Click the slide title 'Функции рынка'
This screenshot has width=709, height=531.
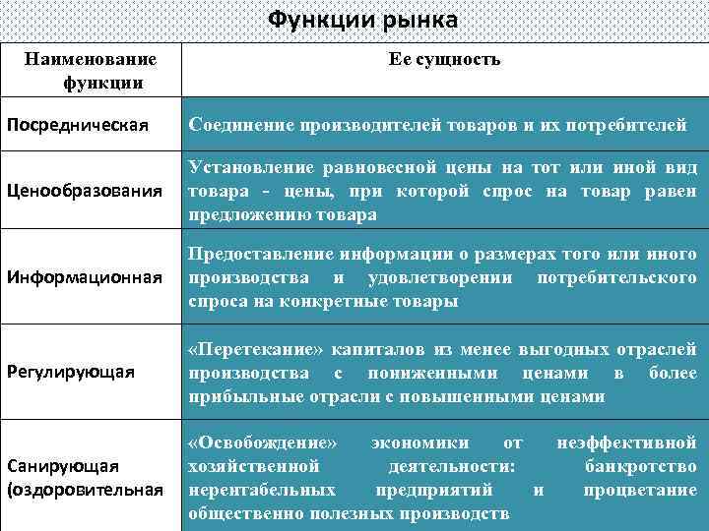(363, 20)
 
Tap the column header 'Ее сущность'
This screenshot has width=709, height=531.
(444, 60)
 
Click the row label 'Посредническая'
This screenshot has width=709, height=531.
(78, 126)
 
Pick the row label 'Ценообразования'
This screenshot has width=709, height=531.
(84, 190)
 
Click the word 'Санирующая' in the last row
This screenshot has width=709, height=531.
(63, 465)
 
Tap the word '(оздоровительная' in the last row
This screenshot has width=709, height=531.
(85, 489)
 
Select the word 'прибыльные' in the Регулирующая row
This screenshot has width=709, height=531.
(235, 396)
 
